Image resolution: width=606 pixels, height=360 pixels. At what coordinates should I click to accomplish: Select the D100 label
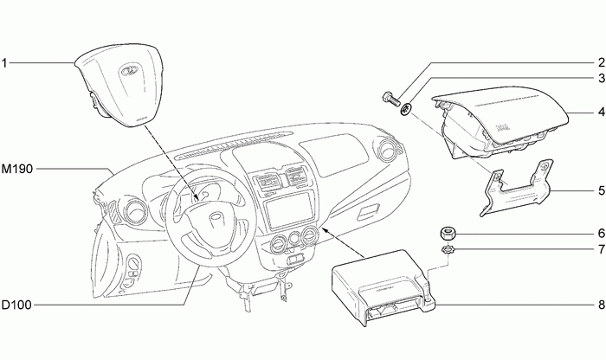(17, 305)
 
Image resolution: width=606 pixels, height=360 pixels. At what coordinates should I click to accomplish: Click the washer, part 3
(405, 109)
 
